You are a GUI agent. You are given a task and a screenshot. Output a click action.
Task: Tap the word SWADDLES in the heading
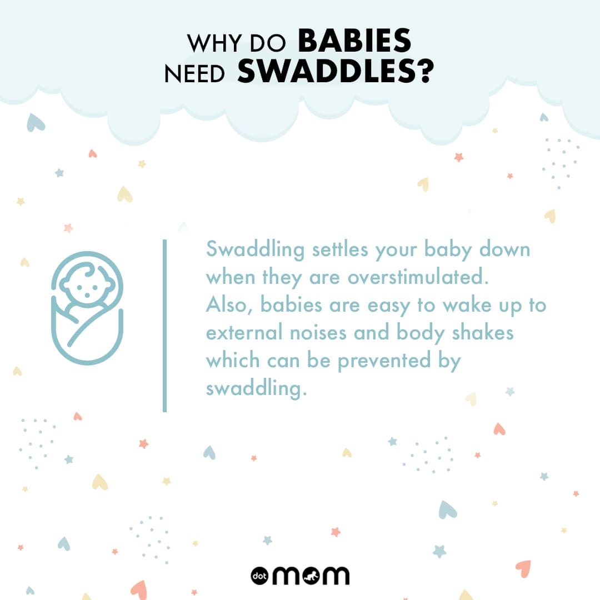pyautogui.click(x=327, y=71)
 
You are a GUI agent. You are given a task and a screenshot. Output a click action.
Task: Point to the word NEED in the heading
pyautogui.click(x=194, y=73)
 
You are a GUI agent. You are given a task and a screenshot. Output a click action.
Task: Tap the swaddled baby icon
pyautogui.click(x=87, y=308)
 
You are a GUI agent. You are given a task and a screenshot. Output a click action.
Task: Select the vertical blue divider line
pyautogui.click(x=164, y=326)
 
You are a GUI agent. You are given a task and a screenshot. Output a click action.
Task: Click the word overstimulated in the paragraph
pyautogui.click(x=418, y=277)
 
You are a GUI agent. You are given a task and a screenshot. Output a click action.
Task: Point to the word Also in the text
pyautogui.click(x=229, y=306)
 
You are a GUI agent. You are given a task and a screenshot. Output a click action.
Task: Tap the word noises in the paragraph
pyautogui.click(x=318, y=333)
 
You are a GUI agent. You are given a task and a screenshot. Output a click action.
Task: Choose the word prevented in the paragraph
pyautogui.click(x=384, y=361)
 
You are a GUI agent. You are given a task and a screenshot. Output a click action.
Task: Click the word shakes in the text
pyautogui.click(x=483, y=332)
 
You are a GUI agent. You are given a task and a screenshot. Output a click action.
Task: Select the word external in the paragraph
pyautogui.click(x=244, y=332)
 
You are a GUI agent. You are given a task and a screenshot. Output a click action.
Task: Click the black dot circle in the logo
pyautogui.click(x=259, y=576)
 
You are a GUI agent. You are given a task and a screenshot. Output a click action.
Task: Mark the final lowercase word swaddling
pyautogui.click(x=256, y=389)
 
